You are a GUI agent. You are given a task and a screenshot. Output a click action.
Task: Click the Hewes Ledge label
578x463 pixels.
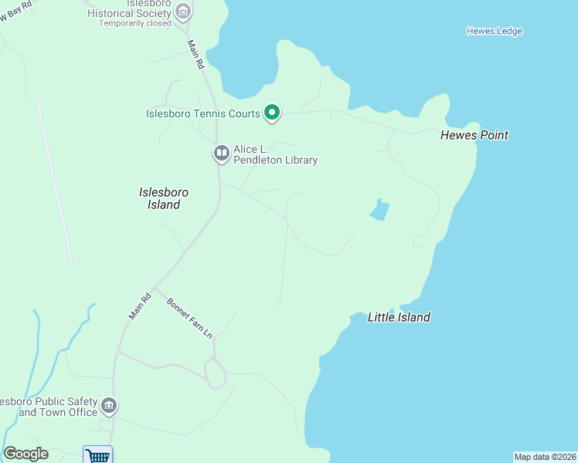(x=495, y=31)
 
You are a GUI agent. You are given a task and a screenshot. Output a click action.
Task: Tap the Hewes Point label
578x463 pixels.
(x=474, y=135)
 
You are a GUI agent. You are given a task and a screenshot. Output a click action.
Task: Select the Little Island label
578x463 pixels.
(x=399, y=317)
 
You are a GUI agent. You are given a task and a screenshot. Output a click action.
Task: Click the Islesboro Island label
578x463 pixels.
(x=164, y=198)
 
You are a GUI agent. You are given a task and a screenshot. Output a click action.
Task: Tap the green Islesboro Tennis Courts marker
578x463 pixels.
(x=272, y=113)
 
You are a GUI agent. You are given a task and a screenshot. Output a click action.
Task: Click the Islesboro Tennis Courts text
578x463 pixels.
(x=203, y=114)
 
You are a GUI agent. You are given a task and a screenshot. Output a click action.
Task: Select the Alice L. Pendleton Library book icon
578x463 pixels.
(x=222, y=154)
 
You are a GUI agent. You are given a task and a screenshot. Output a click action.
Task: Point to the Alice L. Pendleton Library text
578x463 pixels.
(x=276, y=154)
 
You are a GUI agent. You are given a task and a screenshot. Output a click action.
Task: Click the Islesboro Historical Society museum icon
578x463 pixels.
(x=183, y=12)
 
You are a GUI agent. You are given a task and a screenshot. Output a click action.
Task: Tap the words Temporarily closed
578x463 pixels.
(x=134, y=23)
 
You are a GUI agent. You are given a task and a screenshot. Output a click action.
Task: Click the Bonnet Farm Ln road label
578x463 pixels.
(x=189, y=317)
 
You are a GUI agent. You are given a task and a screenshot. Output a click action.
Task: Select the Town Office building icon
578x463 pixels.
(x=109, y=405)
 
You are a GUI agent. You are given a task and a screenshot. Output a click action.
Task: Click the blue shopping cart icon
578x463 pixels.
(x=98, y=455)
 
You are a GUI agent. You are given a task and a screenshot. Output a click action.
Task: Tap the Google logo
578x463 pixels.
(x=25, y=454)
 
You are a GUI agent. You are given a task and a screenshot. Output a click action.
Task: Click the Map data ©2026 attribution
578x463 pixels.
(x=545, y=457)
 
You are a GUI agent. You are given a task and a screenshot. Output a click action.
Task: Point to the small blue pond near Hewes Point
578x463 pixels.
(x=379, y=211)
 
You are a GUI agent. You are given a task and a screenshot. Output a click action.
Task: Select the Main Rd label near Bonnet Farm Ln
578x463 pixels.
(x=140, y=306)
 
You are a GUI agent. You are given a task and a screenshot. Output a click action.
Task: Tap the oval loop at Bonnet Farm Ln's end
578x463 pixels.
(x=216, y=375)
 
